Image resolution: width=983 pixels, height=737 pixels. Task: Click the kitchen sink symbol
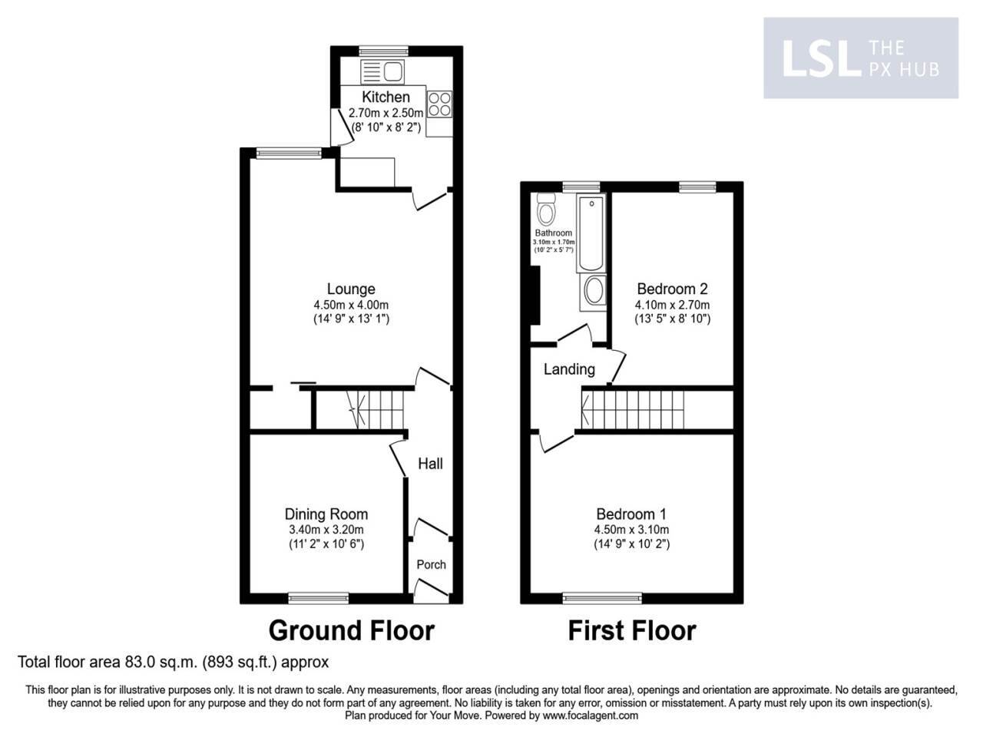point(382,73)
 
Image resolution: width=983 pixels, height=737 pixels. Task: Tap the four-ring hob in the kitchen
point(440,104)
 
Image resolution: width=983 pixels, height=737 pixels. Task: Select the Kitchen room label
point(386,97)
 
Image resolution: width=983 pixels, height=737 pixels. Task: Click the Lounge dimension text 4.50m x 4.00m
point(351,305)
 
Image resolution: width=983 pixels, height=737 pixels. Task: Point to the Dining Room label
point(326,514)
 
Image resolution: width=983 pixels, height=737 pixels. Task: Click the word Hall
point(430,464)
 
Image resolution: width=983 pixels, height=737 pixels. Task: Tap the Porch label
point(431,564)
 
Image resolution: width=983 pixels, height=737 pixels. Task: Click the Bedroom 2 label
point(672,289)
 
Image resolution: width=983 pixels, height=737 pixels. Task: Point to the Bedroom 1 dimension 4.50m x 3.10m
point(631,530)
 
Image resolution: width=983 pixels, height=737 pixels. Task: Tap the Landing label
point(569,369)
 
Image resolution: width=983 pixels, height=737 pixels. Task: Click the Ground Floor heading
point(351,630)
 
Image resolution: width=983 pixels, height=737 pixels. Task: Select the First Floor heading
point(631,630)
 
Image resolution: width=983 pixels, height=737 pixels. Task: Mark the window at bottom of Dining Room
point(318,597)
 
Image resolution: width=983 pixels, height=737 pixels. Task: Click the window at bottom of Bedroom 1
point(602,597)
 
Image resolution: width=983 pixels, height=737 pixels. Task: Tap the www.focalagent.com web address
point(590,716)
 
